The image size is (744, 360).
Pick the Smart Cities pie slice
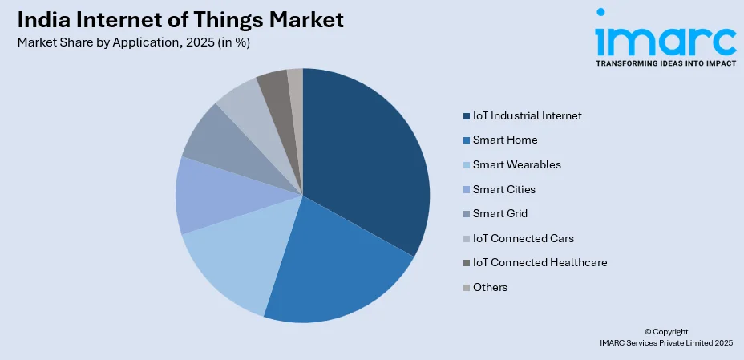[212, 196]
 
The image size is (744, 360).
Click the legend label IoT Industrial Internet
[526, 115]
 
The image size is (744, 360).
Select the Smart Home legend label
[505, 140]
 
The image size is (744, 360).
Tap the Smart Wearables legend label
[517, 164]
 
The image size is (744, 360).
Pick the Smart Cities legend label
[504, 189]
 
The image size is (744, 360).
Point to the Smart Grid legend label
[500, 213]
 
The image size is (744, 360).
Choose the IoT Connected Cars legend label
[523, 238]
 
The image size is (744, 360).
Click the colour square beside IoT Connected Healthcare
[466, 263]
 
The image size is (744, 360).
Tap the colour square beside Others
[466, 287]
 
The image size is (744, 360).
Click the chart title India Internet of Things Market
[180, 20]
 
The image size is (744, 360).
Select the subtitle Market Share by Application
[133, 42]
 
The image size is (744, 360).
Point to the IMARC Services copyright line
[666, 342]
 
